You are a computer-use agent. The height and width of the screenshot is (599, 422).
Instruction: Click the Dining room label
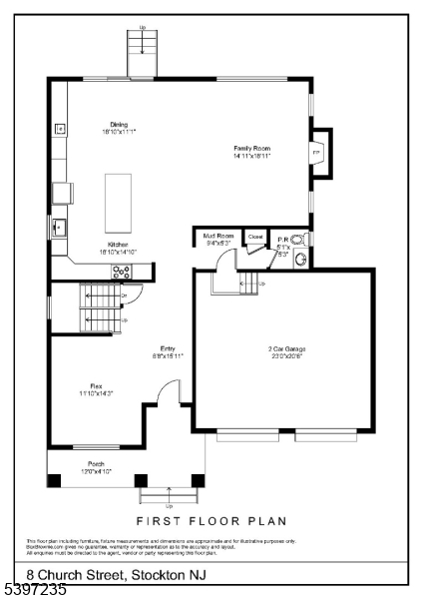point(118,124)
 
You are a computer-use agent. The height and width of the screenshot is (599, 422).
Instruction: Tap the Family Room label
point(252,148)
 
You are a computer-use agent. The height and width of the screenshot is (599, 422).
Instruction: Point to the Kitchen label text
point(119,245)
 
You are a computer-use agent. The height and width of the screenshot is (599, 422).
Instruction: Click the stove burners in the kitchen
point(122,271)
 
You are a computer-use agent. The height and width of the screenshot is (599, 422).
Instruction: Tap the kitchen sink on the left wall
point(60,227)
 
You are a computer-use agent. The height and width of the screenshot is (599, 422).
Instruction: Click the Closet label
point(255,237)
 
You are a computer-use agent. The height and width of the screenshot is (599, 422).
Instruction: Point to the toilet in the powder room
point(297,241)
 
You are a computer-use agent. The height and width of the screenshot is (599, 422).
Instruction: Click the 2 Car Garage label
point(286,348)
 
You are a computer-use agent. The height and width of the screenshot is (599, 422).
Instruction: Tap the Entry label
point(168,347)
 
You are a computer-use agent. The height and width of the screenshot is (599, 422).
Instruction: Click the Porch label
point(96,463)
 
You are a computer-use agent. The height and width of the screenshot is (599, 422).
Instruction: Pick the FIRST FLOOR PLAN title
point(211,520)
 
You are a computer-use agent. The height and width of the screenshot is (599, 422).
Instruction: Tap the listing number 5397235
point(34,590)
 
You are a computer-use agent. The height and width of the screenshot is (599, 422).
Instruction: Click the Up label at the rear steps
point(142,28)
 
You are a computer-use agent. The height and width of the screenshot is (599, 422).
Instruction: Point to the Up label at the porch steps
point(169,505)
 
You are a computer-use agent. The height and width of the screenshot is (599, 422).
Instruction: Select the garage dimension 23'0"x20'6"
point(286,356)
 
